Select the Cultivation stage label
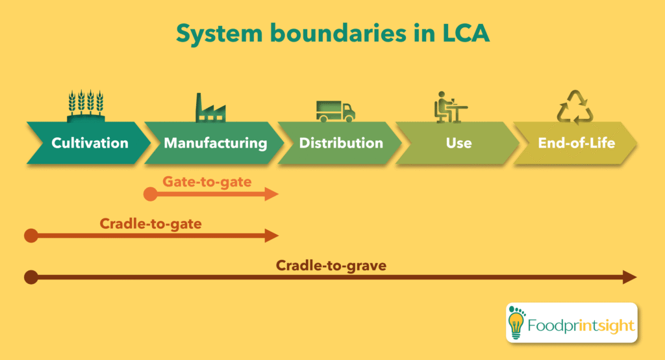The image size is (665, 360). (x=90, y=143)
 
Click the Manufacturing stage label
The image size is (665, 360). (x=215, y=143)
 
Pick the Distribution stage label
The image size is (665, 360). (x=341, y=143)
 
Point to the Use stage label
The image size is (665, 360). (x=458, y=143)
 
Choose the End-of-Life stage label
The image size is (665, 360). (x=576, y=143)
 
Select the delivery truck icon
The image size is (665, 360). (x=335, y=110)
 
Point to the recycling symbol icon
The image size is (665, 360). (x=575, y=107)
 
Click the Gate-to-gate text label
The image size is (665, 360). (x=207, y=181)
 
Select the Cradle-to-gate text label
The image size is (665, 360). (x=150, y=224)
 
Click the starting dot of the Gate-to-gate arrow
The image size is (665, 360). (x=150, y=194)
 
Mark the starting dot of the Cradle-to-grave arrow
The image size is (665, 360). (x=31, y=277)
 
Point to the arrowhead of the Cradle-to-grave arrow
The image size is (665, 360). (x=629, y=277)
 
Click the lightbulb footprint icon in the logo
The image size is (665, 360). (x=518, y=321)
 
